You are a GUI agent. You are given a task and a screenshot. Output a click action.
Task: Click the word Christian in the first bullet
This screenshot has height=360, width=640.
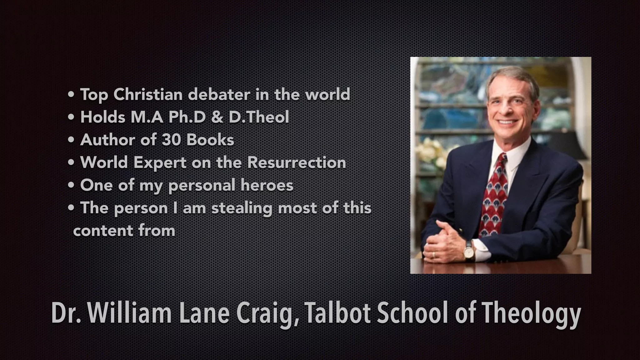click(x=148, y=94)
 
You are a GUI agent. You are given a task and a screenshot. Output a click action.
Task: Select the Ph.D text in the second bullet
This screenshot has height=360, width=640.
click(x=187, y=117)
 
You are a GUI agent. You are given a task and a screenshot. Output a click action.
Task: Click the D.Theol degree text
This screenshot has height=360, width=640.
click(x=259, y=117)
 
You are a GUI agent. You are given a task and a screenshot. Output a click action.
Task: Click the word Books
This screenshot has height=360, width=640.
click(x=210, y=140)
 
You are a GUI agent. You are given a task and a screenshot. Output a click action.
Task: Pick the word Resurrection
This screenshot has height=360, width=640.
click(x=297, y=162)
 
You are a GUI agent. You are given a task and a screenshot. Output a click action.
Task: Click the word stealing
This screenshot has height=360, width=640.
click(x=242, y=208)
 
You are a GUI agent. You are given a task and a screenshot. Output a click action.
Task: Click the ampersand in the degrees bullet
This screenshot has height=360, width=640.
click(x=217, y=117)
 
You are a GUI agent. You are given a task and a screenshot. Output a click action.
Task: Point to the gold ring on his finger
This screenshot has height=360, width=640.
click(x=433, y=254)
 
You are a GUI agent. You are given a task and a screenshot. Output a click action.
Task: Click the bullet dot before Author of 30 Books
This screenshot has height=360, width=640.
click(x=71, y=140)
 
